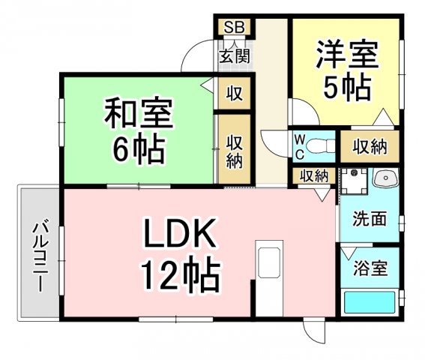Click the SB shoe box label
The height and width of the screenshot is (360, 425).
point(234,27)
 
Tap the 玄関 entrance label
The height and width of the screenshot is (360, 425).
point(235,57)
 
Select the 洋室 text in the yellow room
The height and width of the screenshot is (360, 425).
point(347,54)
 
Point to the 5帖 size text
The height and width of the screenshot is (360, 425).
point(347,88)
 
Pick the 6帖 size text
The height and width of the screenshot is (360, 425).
point(139,148)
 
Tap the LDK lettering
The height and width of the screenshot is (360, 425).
point(180,232)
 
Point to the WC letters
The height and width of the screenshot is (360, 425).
point(300,147)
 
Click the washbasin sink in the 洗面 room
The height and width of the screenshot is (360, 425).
point(385,178)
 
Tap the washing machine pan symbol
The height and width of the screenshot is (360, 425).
point(354,181)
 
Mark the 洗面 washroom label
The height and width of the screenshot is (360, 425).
point(370,219)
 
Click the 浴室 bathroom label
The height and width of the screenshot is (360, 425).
point(370,268)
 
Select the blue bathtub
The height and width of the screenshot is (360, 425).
point(370,302)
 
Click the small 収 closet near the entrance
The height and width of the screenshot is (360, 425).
point(234,94)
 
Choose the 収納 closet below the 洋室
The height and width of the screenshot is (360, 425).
point(370,147)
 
